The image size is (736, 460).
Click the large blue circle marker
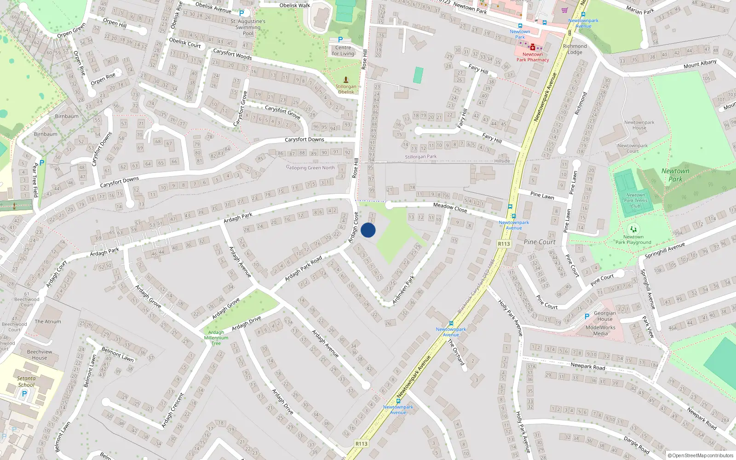click(368, 230)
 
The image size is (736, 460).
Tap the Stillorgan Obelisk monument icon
click(346, 80)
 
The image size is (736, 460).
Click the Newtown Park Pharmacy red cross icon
click(533, 47)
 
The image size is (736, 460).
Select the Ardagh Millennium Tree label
click(216, 338)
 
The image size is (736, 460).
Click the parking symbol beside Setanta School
click(24, 394)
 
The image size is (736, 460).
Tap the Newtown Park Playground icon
click(633, 229)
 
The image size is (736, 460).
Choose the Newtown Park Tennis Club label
click(636, 201)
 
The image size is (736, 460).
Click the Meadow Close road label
click(450, 207)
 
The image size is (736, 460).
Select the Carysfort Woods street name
click(232, 54)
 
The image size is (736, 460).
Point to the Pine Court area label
click(539, 242)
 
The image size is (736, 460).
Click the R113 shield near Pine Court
click(504, 244)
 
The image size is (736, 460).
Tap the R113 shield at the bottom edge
click(362, 443)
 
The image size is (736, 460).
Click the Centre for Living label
click(343, 51)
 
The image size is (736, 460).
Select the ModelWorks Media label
click(600, 330)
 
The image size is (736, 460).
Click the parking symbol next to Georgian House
click(586, 316)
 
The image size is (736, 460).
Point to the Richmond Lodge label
click(575, 49)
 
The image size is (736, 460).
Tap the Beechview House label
click(40, 355)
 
